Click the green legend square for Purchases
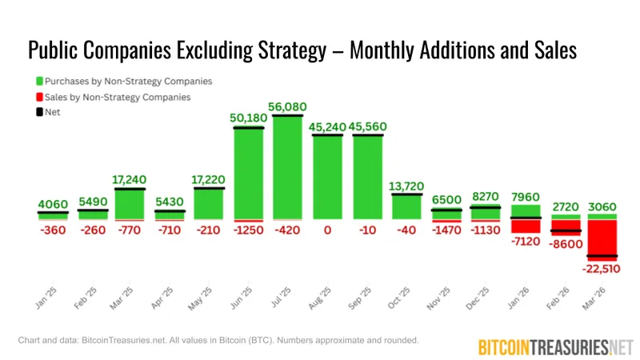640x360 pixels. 40,81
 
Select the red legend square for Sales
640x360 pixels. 40,97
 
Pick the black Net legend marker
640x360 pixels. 40,112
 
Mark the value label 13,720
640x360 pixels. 406,186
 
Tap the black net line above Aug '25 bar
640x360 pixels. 327,135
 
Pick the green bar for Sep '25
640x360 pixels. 367,178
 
